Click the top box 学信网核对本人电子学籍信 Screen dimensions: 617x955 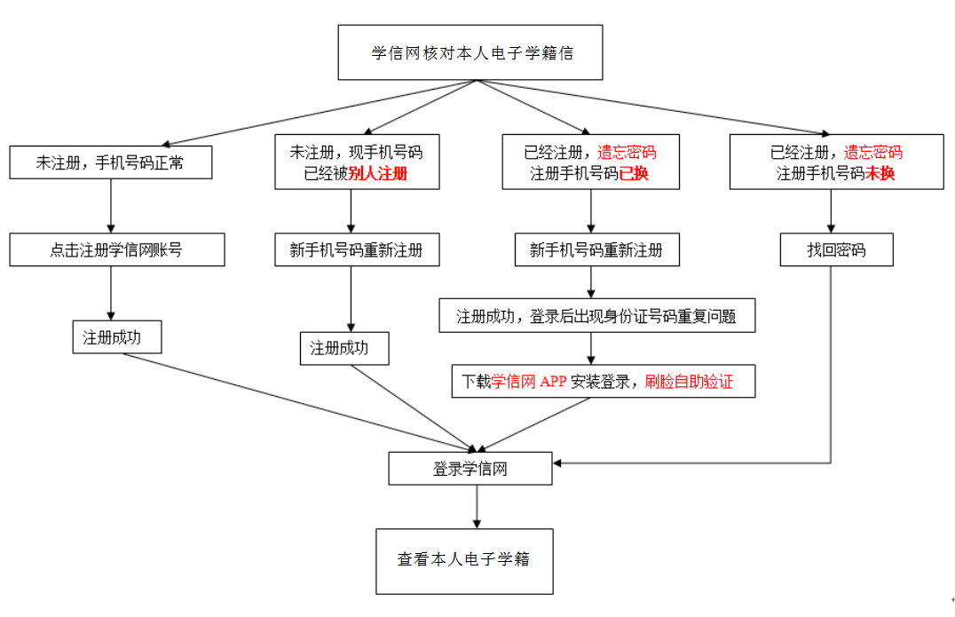pyautogui.click(x=471, y=53)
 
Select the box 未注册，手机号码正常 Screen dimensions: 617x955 pyautogui.click(x=111, y=162)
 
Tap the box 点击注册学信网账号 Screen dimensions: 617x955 pyautogui.click(x=116, y=250)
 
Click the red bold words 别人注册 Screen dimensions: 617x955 pyautogui.click(x=377, y=174)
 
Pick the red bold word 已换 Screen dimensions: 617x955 pyautogui.click(x=633, y=174)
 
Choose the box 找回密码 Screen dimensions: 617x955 pyautogui.click(x=836, y=250)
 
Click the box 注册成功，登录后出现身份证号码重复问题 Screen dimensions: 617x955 pyautogui.click(x=596, y=316)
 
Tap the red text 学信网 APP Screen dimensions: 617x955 pyautogui.click(x=528, y=382)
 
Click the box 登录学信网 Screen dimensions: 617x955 pyautogui.click(x=470, y=469)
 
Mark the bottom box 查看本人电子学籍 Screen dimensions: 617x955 pyautogui.click(x=463, y=560)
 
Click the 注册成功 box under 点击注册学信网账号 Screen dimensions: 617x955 pyautogui.click(x=116, y=337)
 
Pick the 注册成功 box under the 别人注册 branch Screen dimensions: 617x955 pyautogui.click(x=344, y=349)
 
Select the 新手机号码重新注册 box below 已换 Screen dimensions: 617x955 pyautogui.click(x=596, y=250)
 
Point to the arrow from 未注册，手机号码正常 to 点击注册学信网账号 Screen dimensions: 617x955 pyautogui.click(x=111, y=206)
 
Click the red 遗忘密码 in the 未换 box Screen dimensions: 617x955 pyautogui.click(x=872, y=153)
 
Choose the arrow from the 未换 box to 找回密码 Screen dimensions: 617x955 pyautogui.click(x=832, y=211)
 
